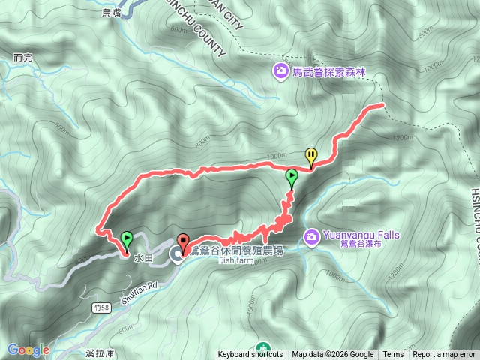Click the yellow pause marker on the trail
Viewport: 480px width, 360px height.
pyautogui.click(x=310, y=155)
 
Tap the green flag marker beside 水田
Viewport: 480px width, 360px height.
pyautogui.click(x=127, y=240)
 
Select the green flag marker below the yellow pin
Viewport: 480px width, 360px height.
pyautogui.click(x=292, y=178)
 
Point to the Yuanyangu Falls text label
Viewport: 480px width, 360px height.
pyautogui.click(x=352, y=235)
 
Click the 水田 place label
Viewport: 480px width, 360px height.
pyautogui.click(x=143, y=256)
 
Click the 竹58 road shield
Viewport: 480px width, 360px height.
pyautogui.click(x=103, y=308)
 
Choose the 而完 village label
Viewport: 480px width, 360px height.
pyautogui.click(x=23, y=57)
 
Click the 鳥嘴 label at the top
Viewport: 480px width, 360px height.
pyautogui.click(x=111, y=12)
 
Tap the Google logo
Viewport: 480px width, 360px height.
pyautogui.click(x=28, y=349)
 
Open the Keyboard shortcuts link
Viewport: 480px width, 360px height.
pyautogui.click(x=250, y=354)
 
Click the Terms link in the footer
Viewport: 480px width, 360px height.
pyautogui.click(x=393, y=354)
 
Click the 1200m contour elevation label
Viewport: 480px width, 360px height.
pyautogui.click(x=403, y=138)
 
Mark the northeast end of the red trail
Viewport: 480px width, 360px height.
pyautogui.click(x=382, y=105)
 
